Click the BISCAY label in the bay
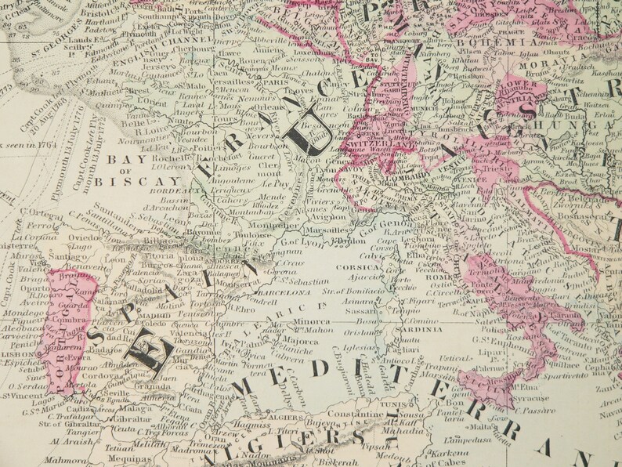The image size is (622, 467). click(128, 179)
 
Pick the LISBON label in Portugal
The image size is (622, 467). click(16, 354)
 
